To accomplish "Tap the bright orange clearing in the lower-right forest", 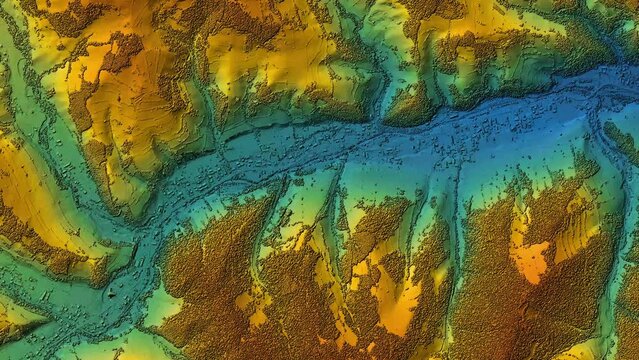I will tap(529, 260).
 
